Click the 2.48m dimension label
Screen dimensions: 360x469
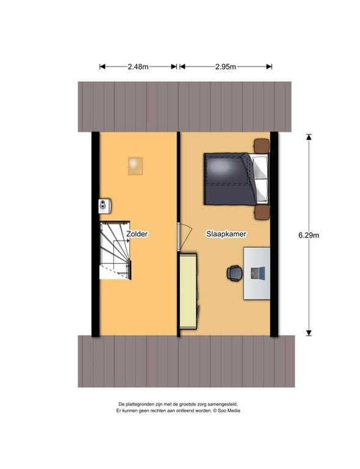(x=138, y=67)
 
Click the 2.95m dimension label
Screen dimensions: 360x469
(x=226, y=67)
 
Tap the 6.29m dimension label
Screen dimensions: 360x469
(x=309, y=235)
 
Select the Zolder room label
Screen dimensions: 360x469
(x=137, y=234)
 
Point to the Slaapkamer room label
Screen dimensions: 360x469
(x=226, y=234)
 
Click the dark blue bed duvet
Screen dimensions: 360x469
(x=229, y=179)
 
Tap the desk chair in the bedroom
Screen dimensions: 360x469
(x=234, y=273)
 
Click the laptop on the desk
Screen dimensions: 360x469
(x=258, y=273)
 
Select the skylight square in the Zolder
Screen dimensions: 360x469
(x=135, y=166)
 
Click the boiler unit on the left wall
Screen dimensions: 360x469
(x=105, y=206)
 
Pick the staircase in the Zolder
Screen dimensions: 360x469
(x=115, y=250)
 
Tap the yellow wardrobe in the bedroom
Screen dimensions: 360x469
(x=188, y=291)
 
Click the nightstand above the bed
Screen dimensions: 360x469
(x=262, y=146)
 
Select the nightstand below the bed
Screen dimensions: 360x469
(x=262, y=212)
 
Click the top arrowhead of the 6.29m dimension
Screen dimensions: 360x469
(x=309, y=137)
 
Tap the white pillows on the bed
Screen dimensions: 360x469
(x=260, y=179)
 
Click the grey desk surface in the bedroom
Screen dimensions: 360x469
(x=257, y=273)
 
